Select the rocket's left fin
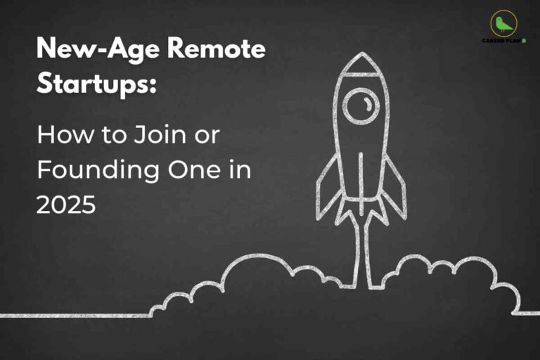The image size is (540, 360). pyautogui.click(x=327, y=186)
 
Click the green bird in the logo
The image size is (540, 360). pyautogui.click(x=503, y=25)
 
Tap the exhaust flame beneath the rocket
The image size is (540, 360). pyautogui.click(x=361, y=239)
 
